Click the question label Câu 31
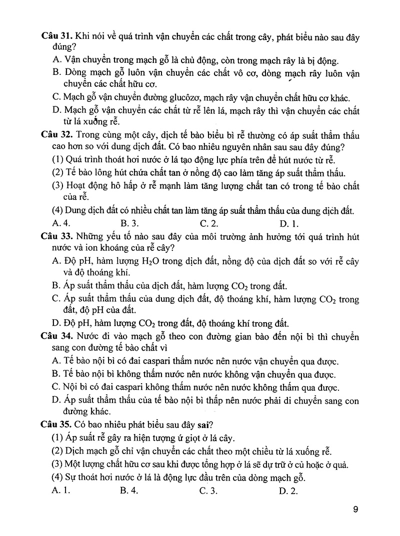coord(56,37)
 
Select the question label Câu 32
coord(56,135)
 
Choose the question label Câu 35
coord(56,425)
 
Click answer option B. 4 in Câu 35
coord(129,491)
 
